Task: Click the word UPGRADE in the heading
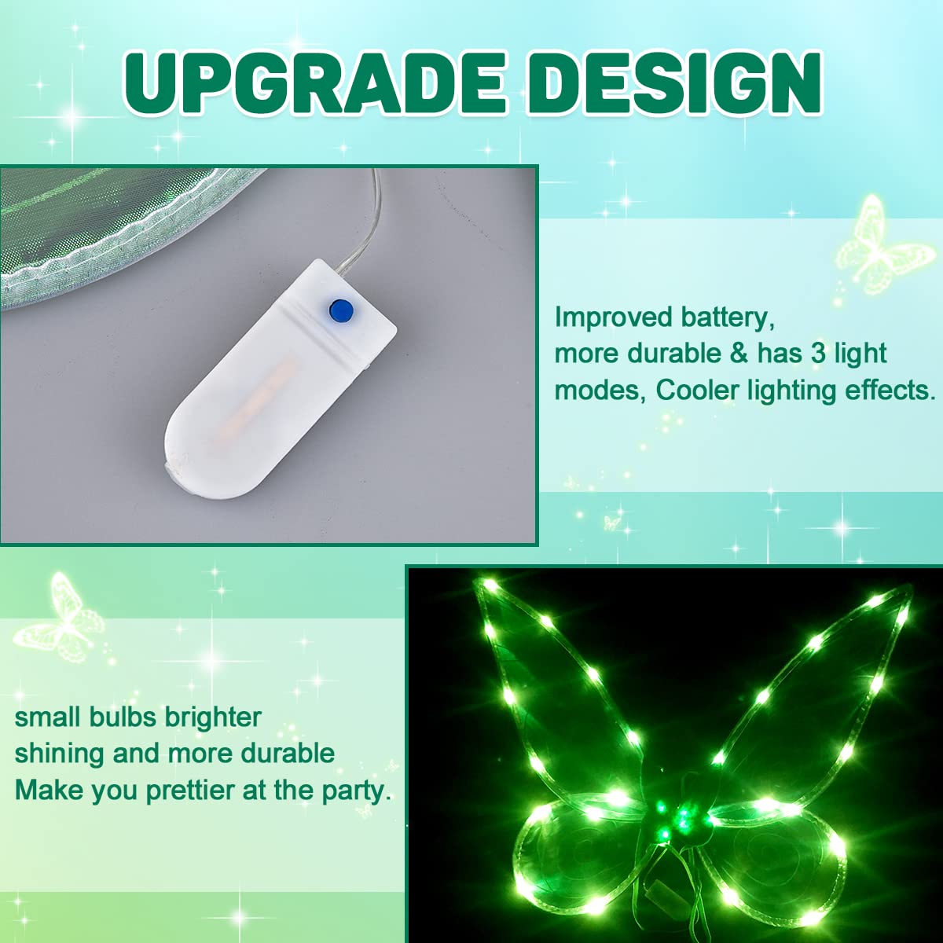pyautogui.click(x=314, y=83)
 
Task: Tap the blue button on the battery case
pyautogui.click(x=341, y=310)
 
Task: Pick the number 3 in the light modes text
pyautogui.click(x=818, y=353)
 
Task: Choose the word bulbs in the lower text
pyautogui.click(x=124, y=717)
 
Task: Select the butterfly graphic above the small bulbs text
pyautogui.click(x=60, y=619)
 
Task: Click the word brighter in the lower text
pyautogui.click(x=213, y=718)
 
